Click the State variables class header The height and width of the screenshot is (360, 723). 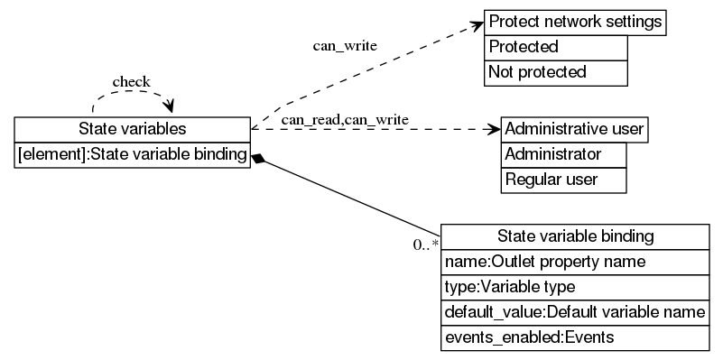pos(132,129)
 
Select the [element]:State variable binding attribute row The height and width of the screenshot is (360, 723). pos(132,155)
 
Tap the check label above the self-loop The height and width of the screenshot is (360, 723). pos(131,82)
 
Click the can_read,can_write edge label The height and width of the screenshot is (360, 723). pos(345,119)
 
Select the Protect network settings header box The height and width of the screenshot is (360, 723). pos(575,22)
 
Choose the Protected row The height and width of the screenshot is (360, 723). pos(555,47)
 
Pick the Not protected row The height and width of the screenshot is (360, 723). pos(555,72)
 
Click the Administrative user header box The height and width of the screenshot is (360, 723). pos(574,129)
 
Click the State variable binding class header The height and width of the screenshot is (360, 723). pos(575,236)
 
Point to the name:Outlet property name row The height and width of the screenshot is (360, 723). pos(575,262)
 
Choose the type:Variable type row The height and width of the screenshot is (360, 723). pos(575,287)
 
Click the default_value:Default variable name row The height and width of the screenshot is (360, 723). pos(575,312)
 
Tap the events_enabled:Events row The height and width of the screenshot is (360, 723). pos(575,337)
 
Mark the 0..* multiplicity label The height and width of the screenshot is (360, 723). pos(426,245)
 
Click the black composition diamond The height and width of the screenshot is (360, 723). pos(259,159)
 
